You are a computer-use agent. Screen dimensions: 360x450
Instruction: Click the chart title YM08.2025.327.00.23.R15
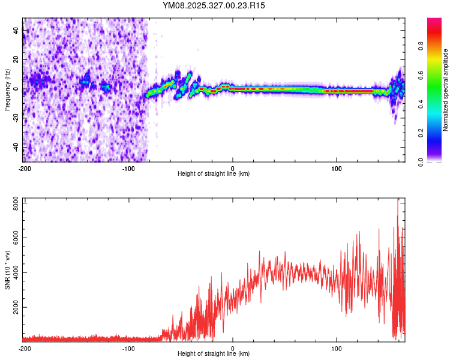click(214, 5)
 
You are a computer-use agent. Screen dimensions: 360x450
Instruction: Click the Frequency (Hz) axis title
click(7, 89)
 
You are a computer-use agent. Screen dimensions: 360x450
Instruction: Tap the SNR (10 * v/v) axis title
click(7, 269)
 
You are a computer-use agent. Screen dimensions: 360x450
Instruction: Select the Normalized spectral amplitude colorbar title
click(445, 89)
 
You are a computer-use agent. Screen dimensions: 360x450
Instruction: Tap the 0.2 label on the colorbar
click(421, 133)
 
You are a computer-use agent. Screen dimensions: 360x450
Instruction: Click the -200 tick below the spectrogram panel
click(25, 168)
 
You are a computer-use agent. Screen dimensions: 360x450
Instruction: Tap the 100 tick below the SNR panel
click(337, 348)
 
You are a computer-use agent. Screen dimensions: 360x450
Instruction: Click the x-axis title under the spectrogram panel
click(214, 174)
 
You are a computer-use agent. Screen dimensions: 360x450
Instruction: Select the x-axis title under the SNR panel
click(214, 354)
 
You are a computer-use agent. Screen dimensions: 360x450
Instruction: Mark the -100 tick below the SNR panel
click(128, 348)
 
